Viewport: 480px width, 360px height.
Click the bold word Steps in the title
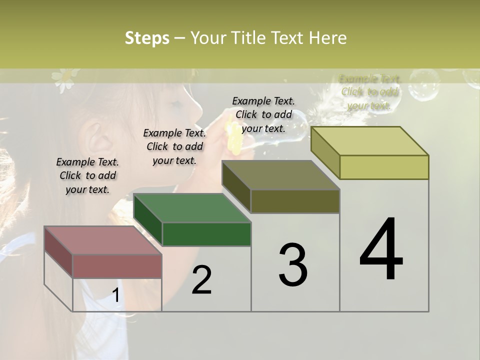point(147,38)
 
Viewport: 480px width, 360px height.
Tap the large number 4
point(381,249)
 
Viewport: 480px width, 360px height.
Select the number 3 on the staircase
point(292,265)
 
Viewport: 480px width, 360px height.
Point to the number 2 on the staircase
point(201,279)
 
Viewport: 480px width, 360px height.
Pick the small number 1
point(115,295)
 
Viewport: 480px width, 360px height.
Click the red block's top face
point(102,240)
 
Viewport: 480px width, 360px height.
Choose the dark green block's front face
point(206,234)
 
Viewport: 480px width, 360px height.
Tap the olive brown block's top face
point(280,175)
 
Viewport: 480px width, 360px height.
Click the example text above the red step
point(87,175)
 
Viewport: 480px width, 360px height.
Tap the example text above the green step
point(174,146)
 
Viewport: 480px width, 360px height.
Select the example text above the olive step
point(263,114)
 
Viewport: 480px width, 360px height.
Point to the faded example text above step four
point(369,92)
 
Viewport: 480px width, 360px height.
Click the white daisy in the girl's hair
point(64,79)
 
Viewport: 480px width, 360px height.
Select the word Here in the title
point(328,38)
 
